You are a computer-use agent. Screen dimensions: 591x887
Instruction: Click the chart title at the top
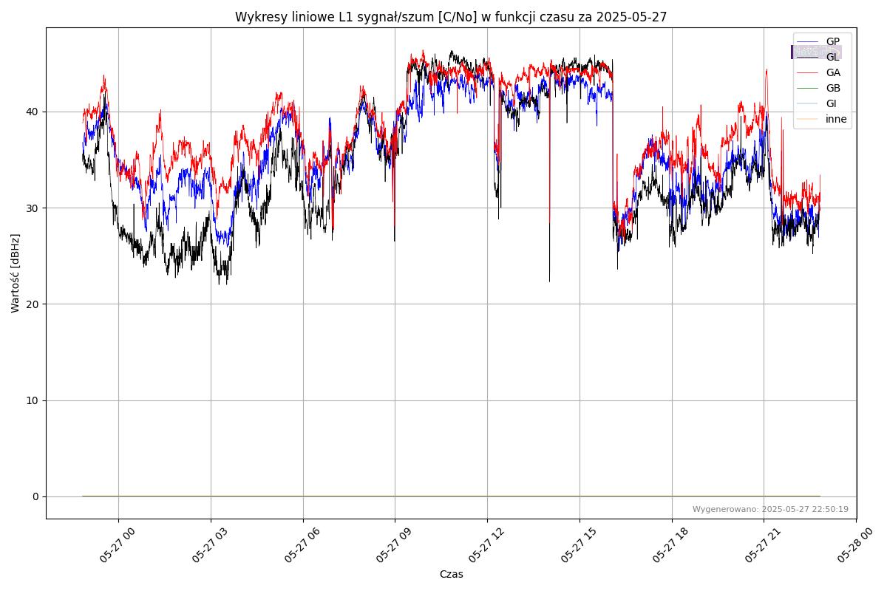click(451, 17)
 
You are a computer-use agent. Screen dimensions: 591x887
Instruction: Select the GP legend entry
click(832, 41)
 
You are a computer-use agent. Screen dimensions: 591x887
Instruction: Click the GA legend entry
click(832, 72)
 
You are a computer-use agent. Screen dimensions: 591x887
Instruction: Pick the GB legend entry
click(832, 88)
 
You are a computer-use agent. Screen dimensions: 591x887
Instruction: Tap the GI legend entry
click(831, 103)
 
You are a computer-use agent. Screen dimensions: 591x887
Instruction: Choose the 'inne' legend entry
click(836, 119)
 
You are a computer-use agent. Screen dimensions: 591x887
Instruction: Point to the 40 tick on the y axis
click(33, 112)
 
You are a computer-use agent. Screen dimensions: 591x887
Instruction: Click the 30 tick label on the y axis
click(33, 208)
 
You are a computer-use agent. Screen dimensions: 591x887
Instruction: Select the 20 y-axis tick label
click(33, 304)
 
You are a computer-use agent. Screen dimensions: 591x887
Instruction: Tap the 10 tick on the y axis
click(33, 400)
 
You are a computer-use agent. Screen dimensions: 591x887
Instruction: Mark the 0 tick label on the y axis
click(35, 496)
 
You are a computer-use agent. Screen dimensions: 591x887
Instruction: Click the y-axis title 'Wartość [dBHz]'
click(16, 273)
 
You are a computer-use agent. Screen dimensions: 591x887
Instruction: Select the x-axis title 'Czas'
click(451, 574)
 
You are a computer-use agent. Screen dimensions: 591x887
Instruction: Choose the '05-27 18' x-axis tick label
click(668, 544)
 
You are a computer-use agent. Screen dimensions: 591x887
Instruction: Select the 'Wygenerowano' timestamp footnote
click(770, 510)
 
